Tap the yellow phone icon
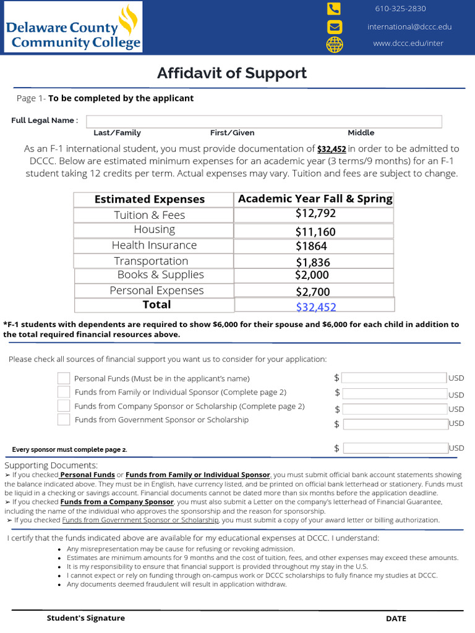pyautogui.click(x=334, y=9)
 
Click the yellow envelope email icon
pyautogui.click(x=334, y=27)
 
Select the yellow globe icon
pyautogui.click(x=334, y=45)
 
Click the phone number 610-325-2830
pyautogui.click(x=400, y=9)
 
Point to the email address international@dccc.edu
pyautogui.click(x=409, y=27)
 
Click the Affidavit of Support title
pyautogui.click(x=232, y=73)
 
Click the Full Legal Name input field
pyautogui.click(x=263, y=121)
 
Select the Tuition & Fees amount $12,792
pyautogui.click(x=315, y=214)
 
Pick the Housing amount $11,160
pyautogui.click(x=315, y=232)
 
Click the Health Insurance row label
pyautogui.click(x=154, y=245)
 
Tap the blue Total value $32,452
pyautogui.click(x=316, y=307)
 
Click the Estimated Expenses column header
pyautogui.click(x=150, y=199)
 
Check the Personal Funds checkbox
pyautogui.click(x=64, y=378)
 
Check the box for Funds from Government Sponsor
pyautogui.click(x=64, y=420)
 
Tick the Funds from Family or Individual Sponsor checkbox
pyautogui.click(x=64, y=392)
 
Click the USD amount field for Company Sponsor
pyautogui.click(x=395, y=409)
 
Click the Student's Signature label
pyautogui.click(x=86, y=618)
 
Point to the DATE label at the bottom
pyautogui.click(x=396, y=619)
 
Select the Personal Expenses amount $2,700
pyautogui.click(x=312, y=292)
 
